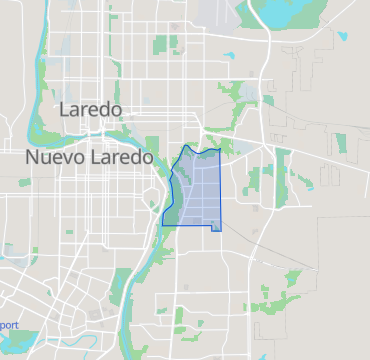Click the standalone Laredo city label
click(91, 109)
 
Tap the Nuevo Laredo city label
click(90, 158)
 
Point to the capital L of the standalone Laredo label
click(66, 109)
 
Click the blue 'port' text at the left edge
click(8, 325)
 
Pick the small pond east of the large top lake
click(342, 37)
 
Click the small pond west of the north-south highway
click(230, 56)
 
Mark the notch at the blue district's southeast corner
click(216, 229)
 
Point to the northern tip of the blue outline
click(186, 146)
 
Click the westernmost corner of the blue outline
click(163, 217)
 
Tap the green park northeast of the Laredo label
click(166, 44)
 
